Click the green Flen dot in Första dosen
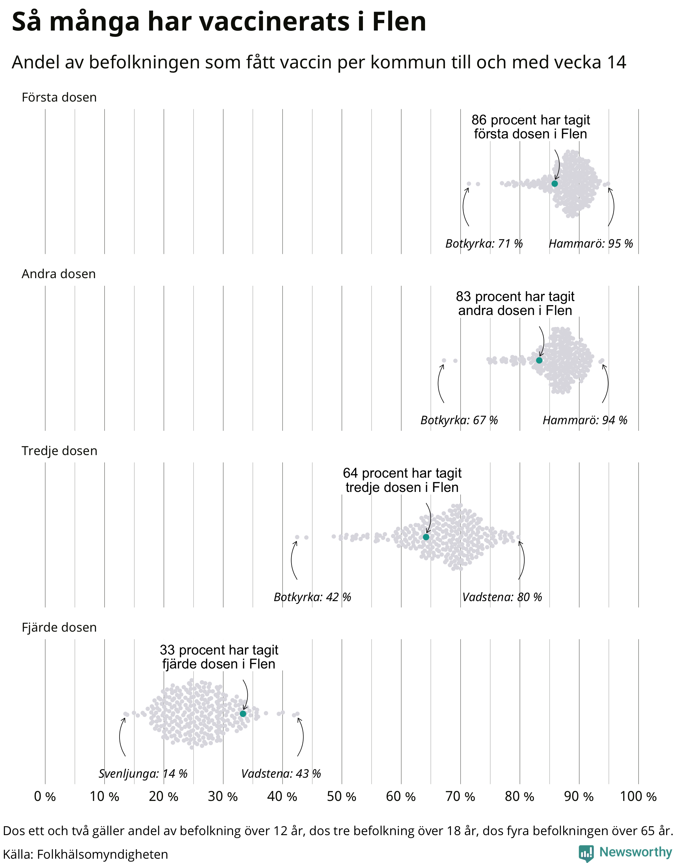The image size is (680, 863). point(554,184)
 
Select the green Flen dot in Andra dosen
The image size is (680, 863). point(539,360)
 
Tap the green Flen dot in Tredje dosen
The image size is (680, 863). point(426,537)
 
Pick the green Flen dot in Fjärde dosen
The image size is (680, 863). point(243,714)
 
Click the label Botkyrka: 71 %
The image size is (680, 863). point(484,243)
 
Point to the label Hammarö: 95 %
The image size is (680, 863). point(591,243)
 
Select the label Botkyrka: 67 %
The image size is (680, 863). point(459,420)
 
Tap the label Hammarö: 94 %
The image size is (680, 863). point(585,420)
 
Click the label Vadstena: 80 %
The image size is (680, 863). point(502,597)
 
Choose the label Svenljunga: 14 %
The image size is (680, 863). point(143,773)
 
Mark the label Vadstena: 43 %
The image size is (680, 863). point(281,773)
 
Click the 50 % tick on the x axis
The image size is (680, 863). point(342,797)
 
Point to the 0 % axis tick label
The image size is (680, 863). point(45,797)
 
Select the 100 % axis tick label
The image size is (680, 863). point(638,797)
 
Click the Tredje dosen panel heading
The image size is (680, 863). point(59,451)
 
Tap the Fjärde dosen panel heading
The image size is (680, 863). point(59,627)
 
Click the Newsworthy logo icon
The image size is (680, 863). point(586,853)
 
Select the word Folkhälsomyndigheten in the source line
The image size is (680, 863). point(102,854)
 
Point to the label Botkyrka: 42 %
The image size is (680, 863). point(312,597)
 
